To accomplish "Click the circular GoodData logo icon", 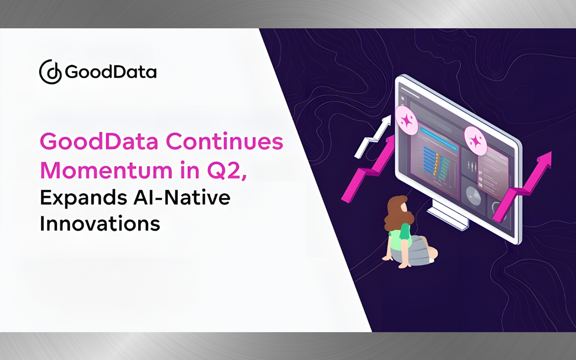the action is pos(50,72).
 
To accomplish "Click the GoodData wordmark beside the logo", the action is pos(111,72).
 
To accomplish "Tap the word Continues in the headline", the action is pos(225,141).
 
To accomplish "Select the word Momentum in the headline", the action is pos(107,170).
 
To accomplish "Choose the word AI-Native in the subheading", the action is pos(182,197).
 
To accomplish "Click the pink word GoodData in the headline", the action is pos(99,141).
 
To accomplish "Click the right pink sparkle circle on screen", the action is pos(476,141).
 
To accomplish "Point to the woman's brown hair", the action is pos(398,213).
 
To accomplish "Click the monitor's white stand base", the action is pos(447,218).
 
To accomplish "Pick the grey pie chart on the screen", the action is pos(473,196).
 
